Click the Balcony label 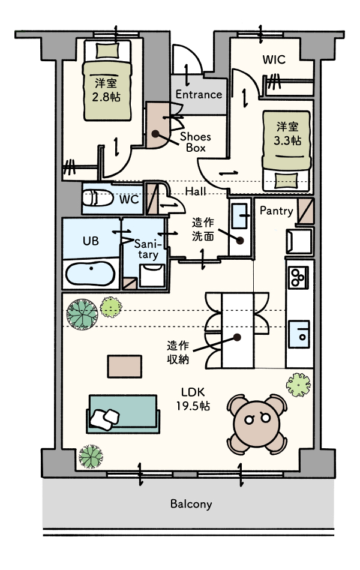(x=191, y=504)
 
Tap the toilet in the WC (x=98, y=198)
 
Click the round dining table (x=257, y=424)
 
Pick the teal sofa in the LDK (x=123, y=413)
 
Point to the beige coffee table (x=124, y=367)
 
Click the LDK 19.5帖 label (x=193, y=399)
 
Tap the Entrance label (x=199, y=95)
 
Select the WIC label (x=274, y=59)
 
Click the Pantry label (x=277, y=211)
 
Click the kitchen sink (x=299, y=334)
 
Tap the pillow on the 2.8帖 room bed (x=107, y=50)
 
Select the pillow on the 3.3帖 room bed (x=286, y=181)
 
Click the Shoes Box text (x=196, y=142)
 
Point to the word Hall (x=196, y=191)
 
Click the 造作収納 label (x=178, y=352)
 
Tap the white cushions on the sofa (x=105, y=419)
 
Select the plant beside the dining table (x=299, y=385)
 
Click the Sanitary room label (x=147, y=248)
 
